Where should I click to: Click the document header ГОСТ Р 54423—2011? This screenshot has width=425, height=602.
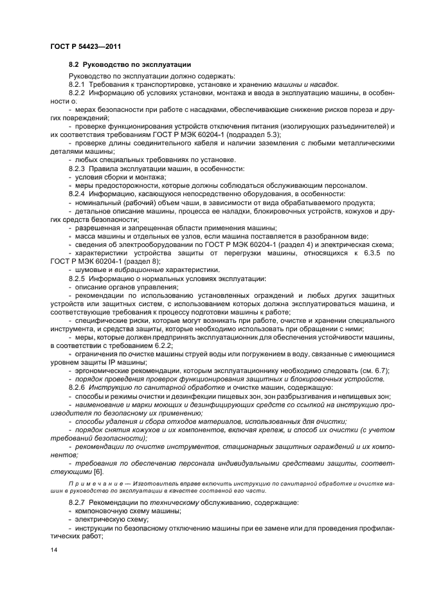point(86,46)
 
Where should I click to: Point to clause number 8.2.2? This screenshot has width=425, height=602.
point(77,93)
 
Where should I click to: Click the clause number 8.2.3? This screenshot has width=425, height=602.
point(77,169)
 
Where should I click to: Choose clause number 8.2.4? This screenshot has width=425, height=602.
point(77,194)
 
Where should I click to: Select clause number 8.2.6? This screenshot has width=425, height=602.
point(77,388)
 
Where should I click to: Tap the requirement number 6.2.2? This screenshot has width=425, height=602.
point(162,345)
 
